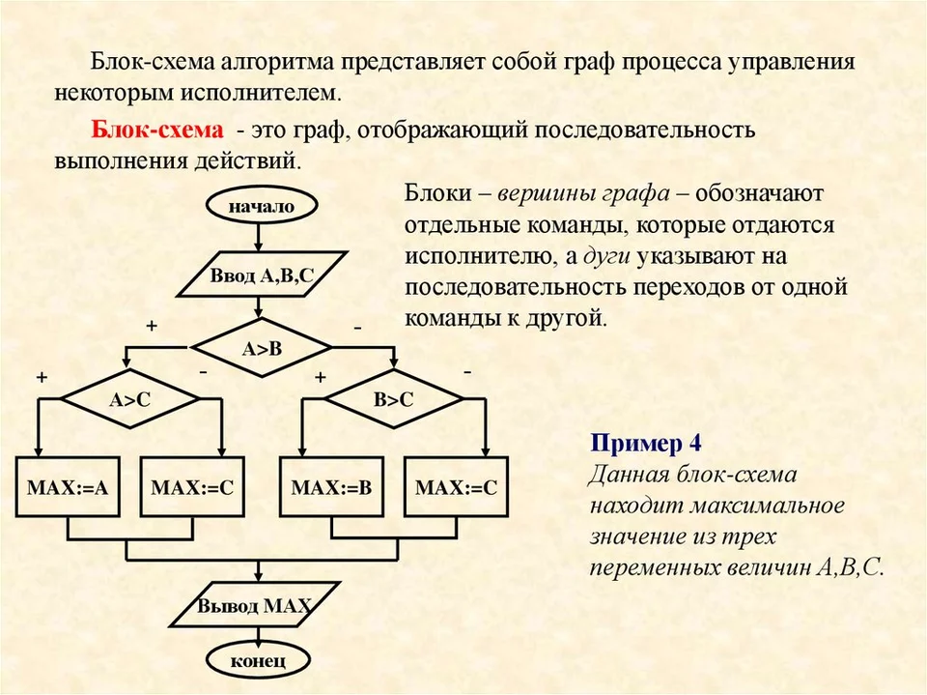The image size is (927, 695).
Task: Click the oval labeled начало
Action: (261, 206)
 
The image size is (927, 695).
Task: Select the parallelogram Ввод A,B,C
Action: (262, 275)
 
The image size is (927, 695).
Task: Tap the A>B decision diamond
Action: (262, 348)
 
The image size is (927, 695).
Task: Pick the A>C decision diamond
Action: (130, 399)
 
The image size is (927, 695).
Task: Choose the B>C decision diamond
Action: (394, 399)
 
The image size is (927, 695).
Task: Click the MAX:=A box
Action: (68, 486)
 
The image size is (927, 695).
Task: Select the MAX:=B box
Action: (331, 486)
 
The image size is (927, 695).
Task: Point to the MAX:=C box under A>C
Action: (192, 486)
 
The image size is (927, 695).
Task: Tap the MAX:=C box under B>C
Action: (457, 486)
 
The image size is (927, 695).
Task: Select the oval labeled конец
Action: (258, 660)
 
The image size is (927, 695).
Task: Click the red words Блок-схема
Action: (157, 130)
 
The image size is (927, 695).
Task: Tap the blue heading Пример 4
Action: (646, 443)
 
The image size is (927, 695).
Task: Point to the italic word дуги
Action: (606, 257)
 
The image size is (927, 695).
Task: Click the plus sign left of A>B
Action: (152, 326)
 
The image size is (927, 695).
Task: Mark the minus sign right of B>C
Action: (467, 372)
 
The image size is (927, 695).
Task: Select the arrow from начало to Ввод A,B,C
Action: (258, 238)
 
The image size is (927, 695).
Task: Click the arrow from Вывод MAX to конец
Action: (258, 635)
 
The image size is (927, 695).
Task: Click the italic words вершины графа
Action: (584, 193)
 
